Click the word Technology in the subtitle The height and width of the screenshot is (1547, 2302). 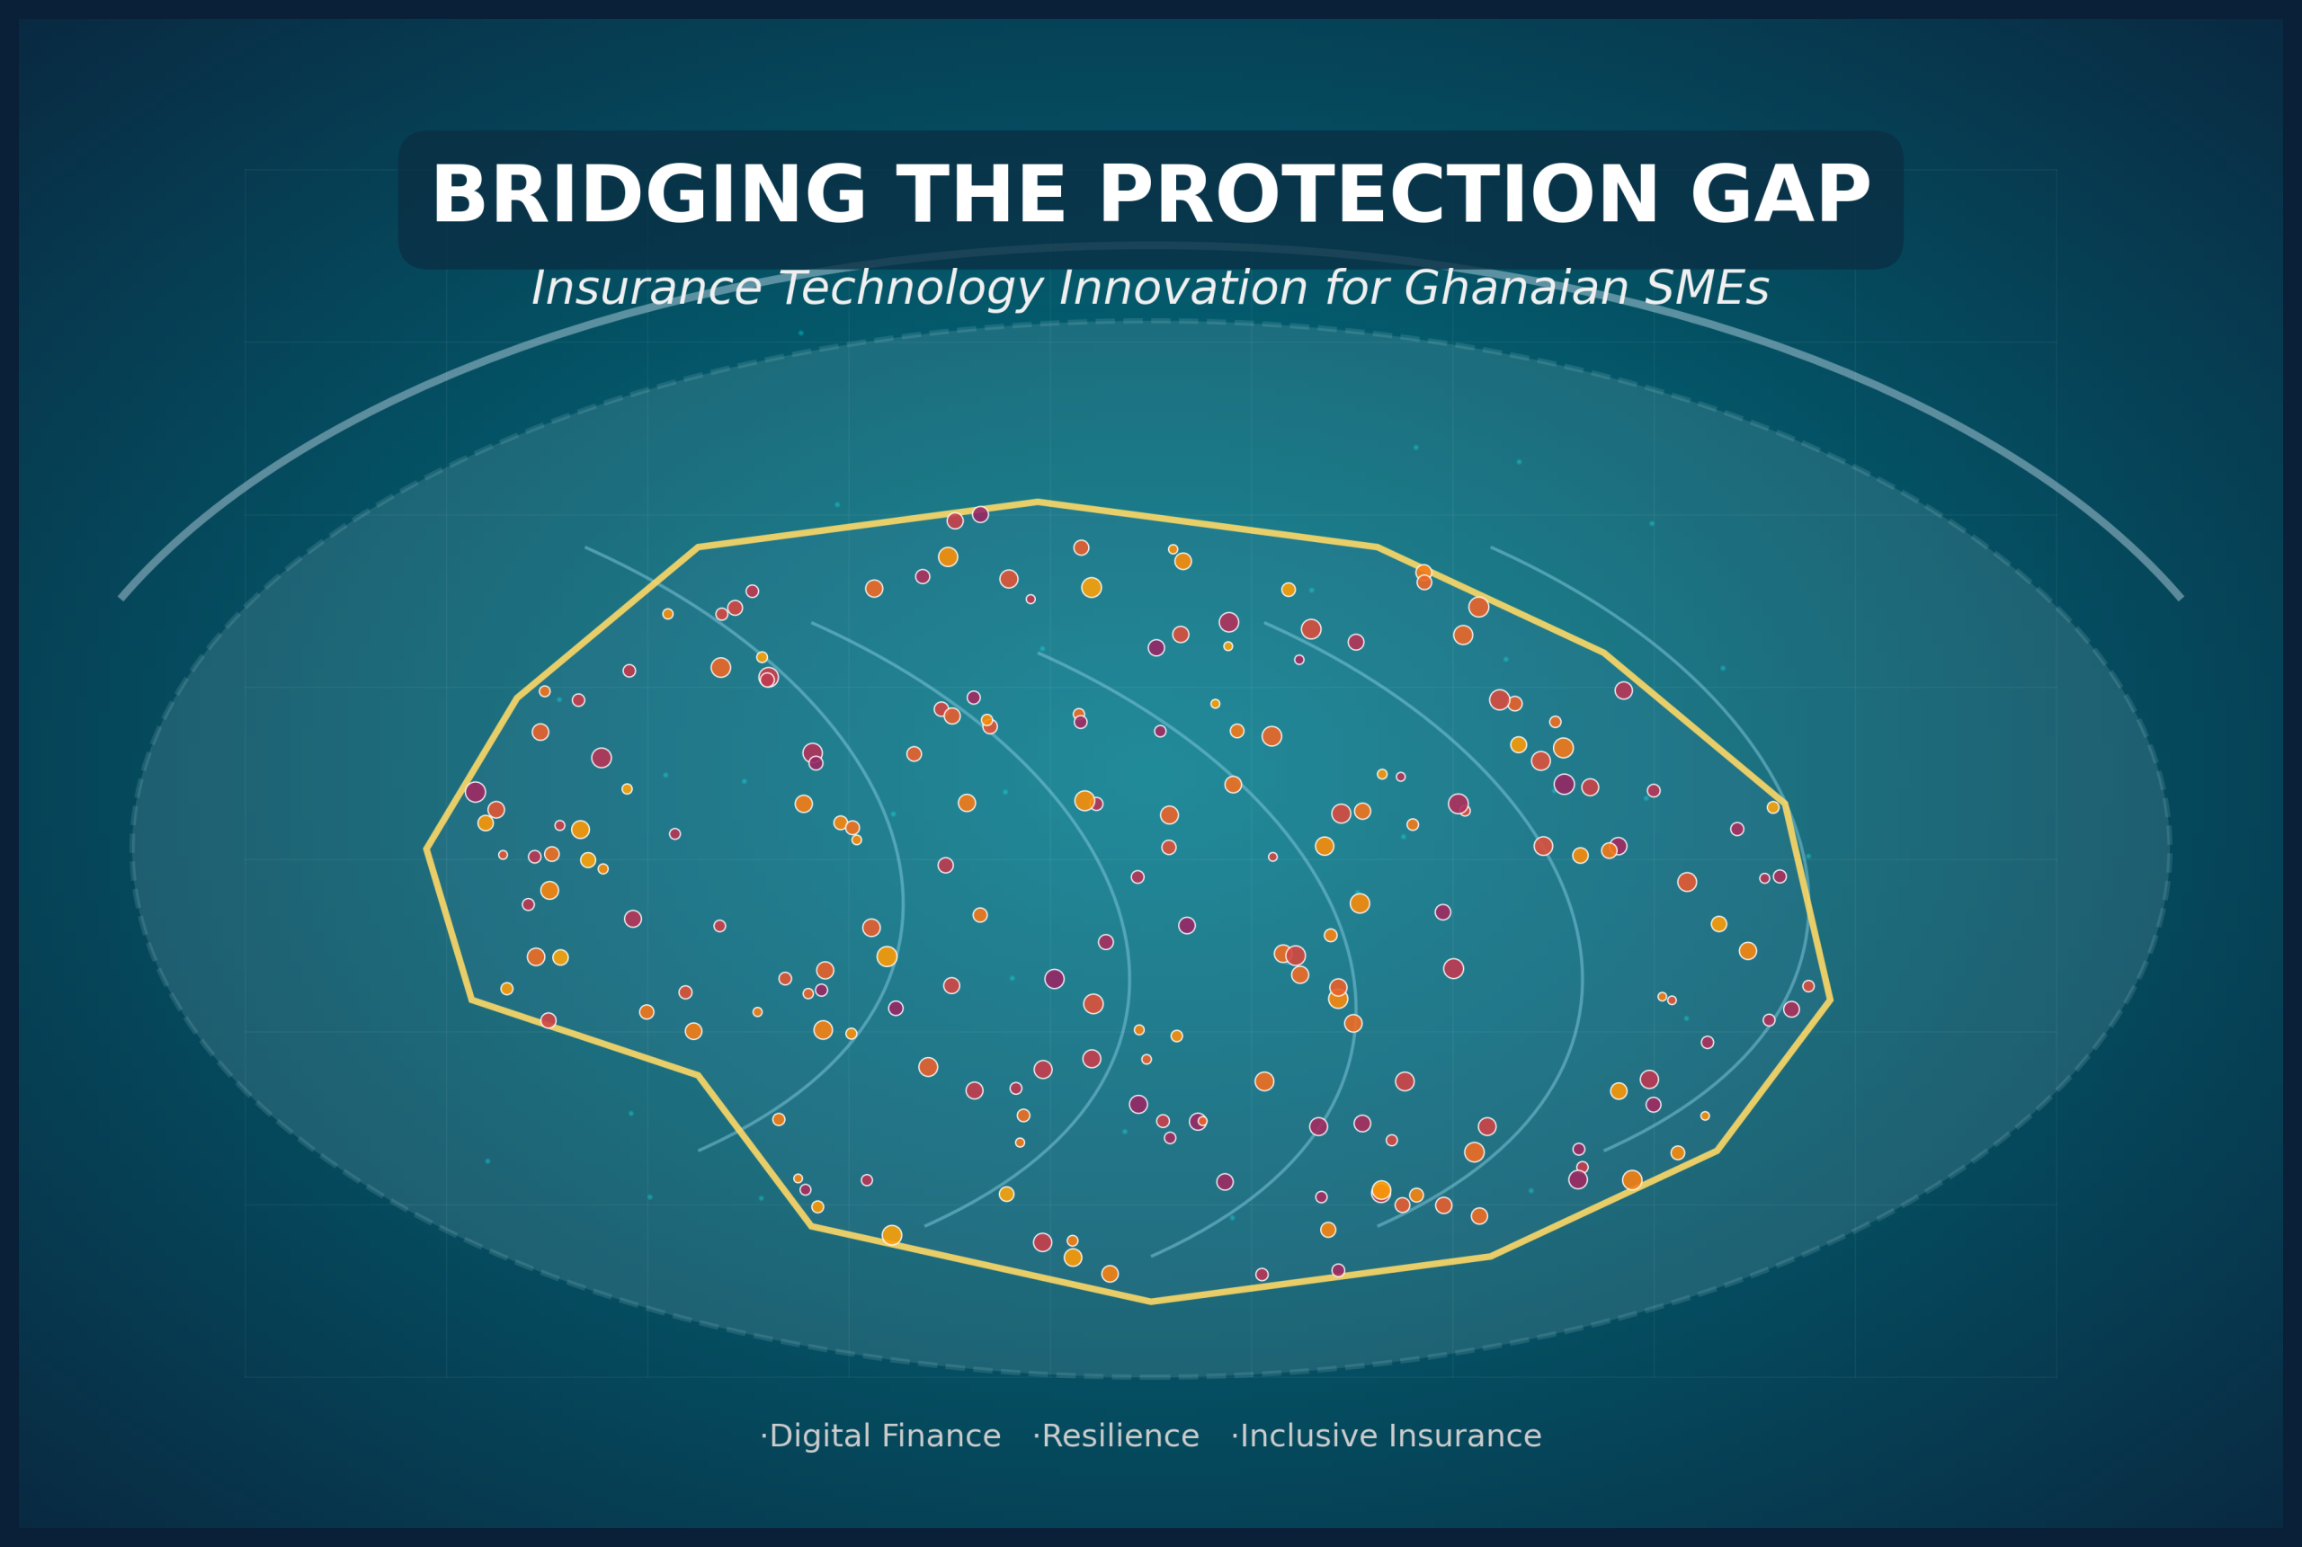(x=911, y=290)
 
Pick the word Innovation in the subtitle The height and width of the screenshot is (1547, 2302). (x=1183, y=289)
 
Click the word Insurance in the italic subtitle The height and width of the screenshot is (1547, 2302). (x=647, y=289)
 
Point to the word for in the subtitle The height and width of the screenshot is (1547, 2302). (x=1356, y=289)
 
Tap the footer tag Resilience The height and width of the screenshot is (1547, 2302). (x=1120, y=1436)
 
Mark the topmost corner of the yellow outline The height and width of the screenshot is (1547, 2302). (x=1038, y=502)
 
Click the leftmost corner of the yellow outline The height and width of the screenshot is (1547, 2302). (x=427, y=849)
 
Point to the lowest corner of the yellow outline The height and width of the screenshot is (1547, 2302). (x=1150, y=1303)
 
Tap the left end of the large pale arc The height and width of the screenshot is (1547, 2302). (x=121, y=598)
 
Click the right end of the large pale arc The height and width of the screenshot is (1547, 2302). (x=2181, y=598)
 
